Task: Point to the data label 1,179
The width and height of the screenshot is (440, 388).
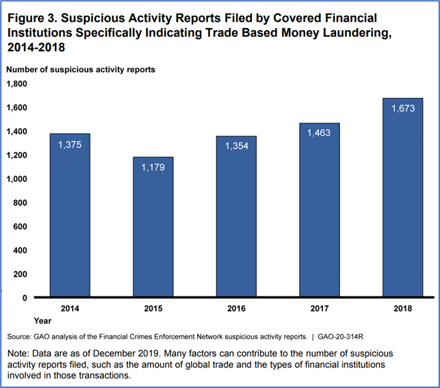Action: pos(153,168)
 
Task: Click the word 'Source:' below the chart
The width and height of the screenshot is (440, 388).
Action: pos(18,337)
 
